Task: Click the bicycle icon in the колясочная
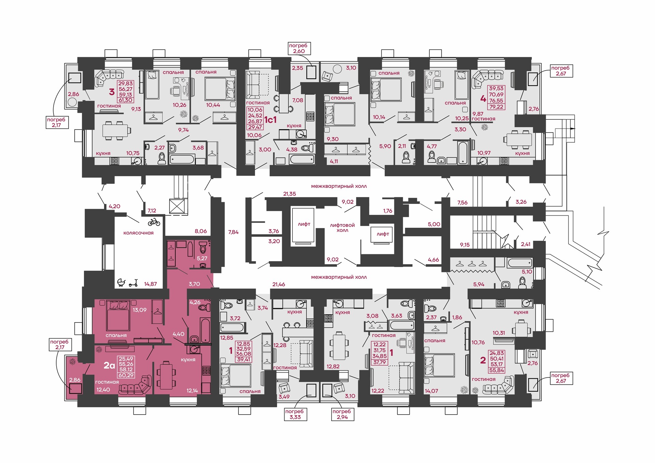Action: point(154,222)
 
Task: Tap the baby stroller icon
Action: point(121,282)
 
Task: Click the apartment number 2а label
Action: point(109,365)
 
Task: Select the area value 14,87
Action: point(150,284)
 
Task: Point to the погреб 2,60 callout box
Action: point(298,48)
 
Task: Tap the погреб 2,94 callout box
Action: point(342,414)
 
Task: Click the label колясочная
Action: point(139,233)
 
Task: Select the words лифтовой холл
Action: point(343,228)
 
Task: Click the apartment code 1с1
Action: point(270,120)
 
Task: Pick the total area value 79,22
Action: point(496,107)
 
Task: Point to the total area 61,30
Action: point(126,100)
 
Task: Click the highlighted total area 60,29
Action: point(126,375)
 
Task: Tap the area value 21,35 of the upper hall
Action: point(290,194)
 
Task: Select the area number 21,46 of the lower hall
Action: point(279,284)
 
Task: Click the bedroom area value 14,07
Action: point(432,391)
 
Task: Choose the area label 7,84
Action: point(233,232)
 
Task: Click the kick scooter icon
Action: point(133,283)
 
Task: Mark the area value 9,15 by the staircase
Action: point(465,245)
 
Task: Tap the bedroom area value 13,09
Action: point(140,310)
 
